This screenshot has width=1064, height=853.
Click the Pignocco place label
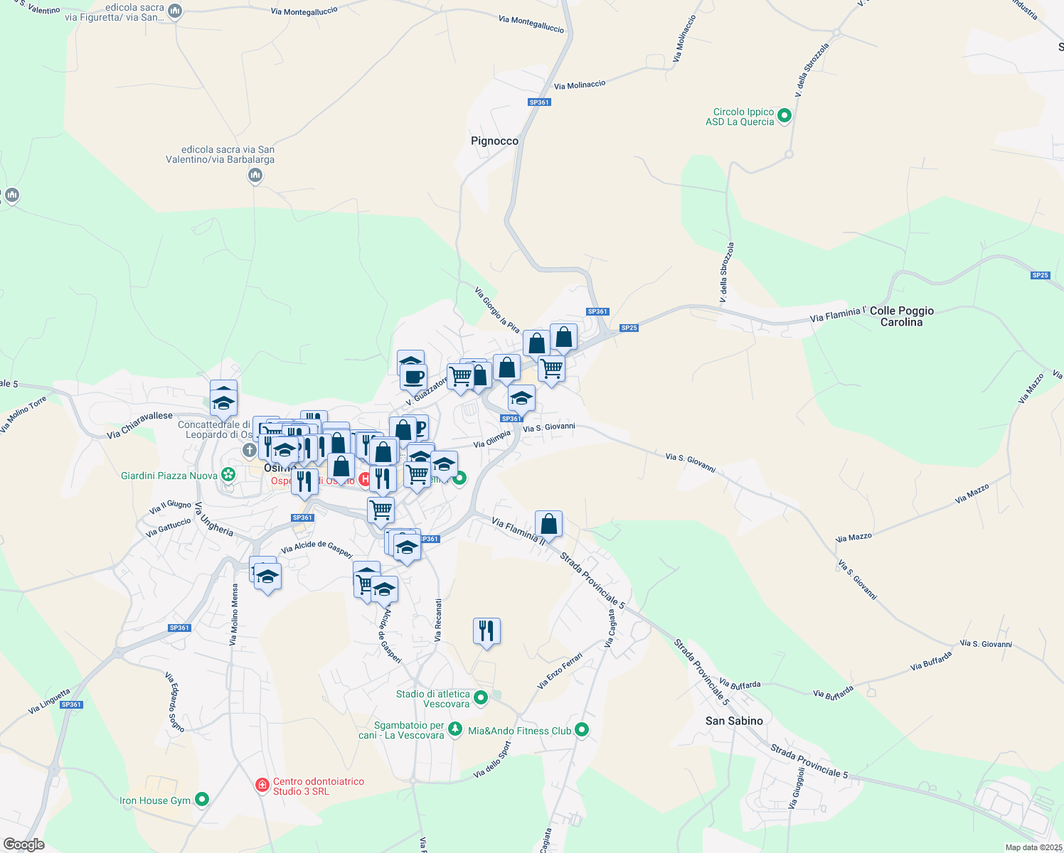(x=494, y=141)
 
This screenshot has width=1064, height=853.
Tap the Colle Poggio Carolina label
(x=901, y=316)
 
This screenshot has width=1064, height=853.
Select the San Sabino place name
(x=734, y=721)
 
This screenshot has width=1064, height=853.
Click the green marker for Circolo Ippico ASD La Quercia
(x=784, y=115)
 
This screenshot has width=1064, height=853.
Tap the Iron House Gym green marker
(x=202, y=800)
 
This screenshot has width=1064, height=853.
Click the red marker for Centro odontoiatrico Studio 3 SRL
(x=262, y=785)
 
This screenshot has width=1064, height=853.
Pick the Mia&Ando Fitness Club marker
(x=582, y=729)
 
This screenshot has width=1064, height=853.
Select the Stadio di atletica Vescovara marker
(x=481, y=698)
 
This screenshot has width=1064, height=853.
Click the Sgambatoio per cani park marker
(x=456, y=729)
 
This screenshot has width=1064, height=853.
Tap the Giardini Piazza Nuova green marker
(x=228, y=474)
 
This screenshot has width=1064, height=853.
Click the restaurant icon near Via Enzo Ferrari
(x=486, y=631)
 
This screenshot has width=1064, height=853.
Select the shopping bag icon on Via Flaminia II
(x=548, y=525)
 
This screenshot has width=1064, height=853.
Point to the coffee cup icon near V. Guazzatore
(x=413, y=377)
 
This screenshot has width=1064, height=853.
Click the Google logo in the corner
(x=23, y=844)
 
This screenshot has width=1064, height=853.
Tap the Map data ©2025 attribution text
(x=1033, y=847)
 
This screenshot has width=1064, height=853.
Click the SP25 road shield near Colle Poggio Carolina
(x=1040, y=275)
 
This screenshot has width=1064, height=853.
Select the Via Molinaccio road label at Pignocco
(x=580, y=85)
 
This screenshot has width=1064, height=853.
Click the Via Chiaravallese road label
(x=139, y=425)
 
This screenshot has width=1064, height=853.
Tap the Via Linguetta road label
(x=49, y=701)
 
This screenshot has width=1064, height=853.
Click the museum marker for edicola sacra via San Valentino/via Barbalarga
(x=255, y=175)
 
